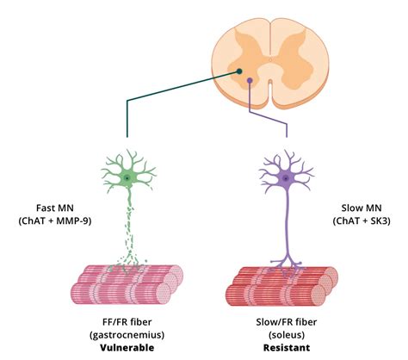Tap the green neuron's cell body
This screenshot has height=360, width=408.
point(127,178)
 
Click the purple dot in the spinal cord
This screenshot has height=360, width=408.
point(250,81)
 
